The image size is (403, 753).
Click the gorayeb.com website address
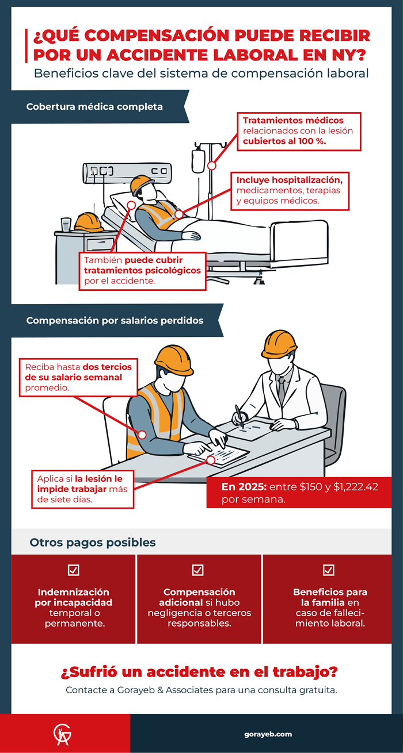[x=268, y=734]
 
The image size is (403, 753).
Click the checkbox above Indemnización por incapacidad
[x=73, y=570]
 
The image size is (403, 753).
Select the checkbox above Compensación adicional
[x=197, y=570]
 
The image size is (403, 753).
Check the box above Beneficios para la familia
[x=329, y=570]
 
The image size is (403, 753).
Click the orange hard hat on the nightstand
[x=89, y=222]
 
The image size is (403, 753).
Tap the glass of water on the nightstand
[x=66, y=224]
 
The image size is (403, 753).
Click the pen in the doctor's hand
[x=239, y=416]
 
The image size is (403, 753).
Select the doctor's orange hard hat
[x=279, y=344]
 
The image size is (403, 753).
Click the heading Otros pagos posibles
[x=93, y=543]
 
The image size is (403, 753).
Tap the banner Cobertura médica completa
[x=94, y=107]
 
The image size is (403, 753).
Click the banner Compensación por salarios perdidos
[x=115, y=321]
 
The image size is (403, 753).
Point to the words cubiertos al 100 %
[x=285, y=141]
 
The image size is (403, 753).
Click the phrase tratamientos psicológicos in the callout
[x=142, y=270]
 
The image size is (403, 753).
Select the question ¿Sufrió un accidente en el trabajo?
[x=199, y=672]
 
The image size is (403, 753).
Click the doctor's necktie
[x=281, y=388]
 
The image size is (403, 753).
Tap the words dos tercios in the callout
[x=107, y=367]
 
